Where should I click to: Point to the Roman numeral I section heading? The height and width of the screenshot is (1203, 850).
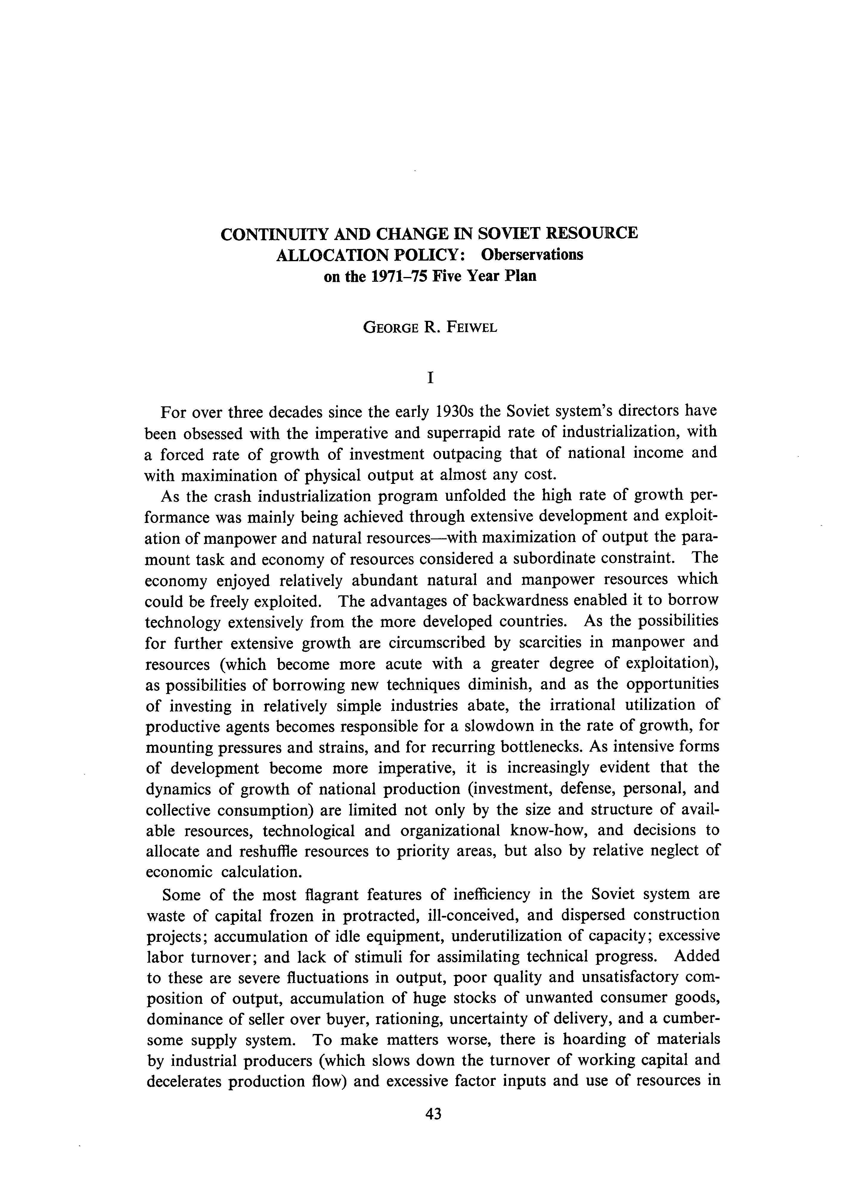tap(430, 378)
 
